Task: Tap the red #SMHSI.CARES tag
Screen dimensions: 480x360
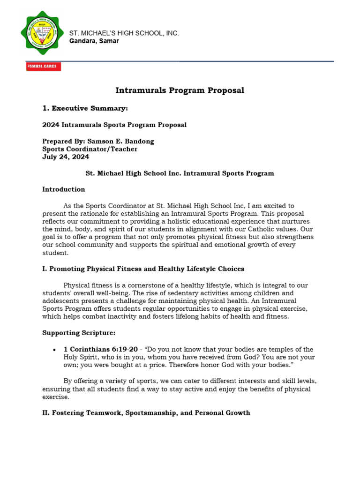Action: coord(44,67)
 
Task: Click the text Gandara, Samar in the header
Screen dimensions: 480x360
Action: coord(94,41)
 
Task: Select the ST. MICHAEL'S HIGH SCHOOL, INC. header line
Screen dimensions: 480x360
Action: coord(124,33)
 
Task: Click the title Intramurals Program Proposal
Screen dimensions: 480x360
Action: coord(180,90)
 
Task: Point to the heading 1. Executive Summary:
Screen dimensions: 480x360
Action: coord(85,108)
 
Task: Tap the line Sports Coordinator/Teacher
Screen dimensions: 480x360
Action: coord(90,149)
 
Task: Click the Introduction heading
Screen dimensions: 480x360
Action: coord(64,189)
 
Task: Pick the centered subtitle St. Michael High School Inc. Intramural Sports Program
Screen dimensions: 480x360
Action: coord(180,173)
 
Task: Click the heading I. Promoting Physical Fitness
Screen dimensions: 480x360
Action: coord(143,269)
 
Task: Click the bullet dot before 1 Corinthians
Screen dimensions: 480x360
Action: coord(55,350)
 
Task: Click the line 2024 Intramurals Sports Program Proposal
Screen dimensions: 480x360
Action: coord(114,125)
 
